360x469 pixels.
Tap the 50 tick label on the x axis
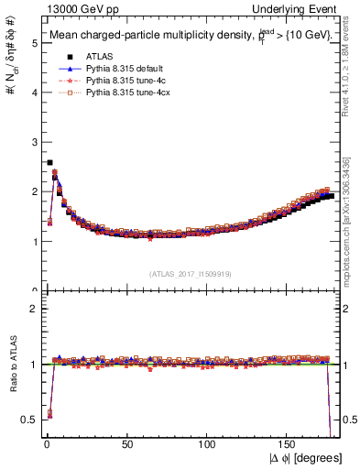pyautogui.click(x=126, y=443)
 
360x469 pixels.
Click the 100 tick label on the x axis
pyautogui.click(x=208, y=443)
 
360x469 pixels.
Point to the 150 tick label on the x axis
pyautogui.click(x=289, y=443)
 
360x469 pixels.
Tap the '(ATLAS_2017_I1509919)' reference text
pyautogui.click(x=191, y=273)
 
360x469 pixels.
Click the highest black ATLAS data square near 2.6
pyautogui.click(x=49, y=162)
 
